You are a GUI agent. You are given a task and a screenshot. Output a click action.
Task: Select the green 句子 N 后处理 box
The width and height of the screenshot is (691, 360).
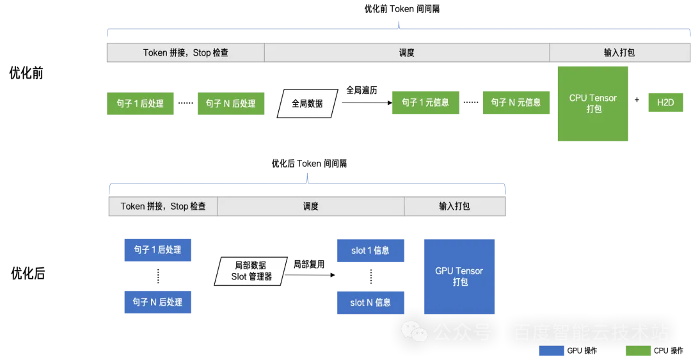(x=230, y=104)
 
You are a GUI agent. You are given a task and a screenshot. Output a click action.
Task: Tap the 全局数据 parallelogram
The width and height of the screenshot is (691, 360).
(x=307, y=103)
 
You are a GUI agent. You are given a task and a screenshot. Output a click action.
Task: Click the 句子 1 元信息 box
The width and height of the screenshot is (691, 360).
(x=425, y=103)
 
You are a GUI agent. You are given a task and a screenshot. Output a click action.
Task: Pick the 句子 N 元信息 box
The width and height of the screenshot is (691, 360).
(x=516, y=103)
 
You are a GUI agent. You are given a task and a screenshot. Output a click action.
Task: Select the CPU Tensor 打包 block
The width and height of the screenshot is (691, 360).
(x=593, y=104)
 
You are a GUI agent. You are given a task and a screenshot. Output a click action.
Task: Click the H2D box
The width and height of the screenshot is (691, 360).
(x=665, y=102)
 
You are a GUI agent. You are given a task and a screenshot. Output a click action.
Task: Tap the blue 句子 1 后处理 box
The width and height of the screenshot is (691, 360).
(x=158, y=250)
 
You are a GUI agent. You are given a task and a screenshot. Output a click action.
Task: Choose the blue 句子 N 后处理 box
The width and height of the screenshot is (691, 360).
(x=158, y=302)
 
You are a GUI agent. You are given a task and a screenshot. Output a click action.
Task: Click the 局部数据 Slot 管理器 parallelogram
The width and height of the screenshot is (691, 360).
(x=251, y=271)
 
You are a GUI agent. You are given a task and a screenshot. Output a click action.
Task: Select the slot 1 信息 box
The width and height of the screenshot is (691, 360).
(x=369, y=251)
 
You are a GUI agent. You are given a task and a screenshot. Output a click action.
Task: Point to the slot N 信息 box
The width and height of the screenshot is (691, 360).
(x=369, y=302)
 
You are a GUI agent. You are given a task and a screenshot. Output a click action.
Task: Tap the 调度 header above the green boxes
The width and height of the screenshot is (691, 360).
(x=407, y=53)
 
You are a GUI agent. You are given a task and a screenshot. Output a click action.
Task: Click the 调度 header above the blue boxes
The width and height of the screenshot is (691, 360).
(x=311, y=207)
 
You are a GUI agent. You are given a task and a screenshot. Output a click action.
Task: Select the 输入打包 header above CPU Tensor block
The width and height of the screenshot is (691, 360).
(x=619, y=53)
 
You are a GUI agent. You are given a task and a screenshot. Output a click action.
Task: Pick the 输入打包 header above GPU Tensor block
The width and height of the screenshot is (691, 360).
(x=454, y=207)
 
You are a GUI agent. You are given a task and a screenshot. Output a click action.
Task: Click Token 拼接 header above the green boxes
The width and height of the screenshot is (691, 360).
(x=186, y=53)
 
